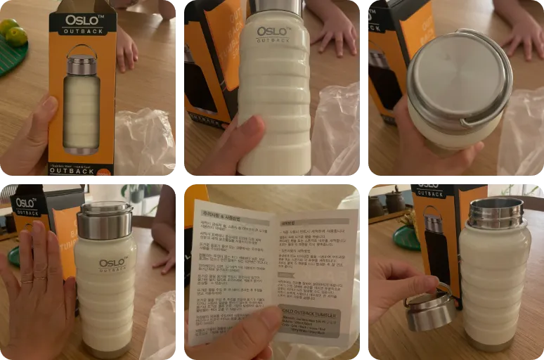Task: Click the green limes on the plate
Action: pos(13,32)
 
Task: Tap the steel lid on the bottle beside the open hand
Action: pos(105,221)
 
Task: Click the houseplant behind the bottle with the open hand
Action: pos(134,193)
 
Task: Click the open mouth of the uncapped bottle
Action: pos(496,205)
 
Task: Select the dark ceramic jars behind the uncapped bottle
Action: pos(387,202)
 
